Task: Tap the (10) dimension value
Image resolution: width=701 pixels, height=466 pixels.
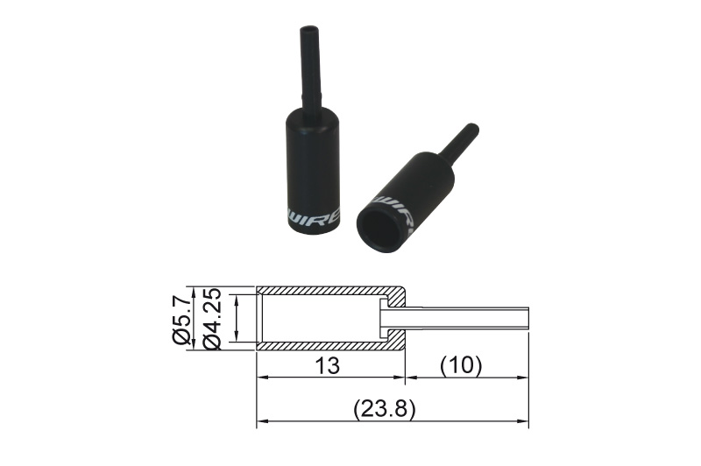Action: tap(462, 364)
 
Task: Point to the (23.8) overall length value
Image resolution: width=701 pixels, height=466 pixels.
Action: tap(383, 409)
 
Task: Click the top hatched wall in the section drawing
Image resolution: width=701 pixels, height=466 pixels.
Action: tap(329, 291)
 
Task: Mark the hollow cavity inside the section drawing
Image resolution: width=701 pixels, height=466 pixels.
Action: tap(320, 318)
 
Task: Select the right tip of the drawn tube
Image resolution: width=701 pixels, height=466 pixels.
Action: tap(528, 318)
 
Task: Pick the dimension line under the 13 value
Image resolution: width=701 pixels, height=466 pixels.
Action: tap(330, 379)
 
